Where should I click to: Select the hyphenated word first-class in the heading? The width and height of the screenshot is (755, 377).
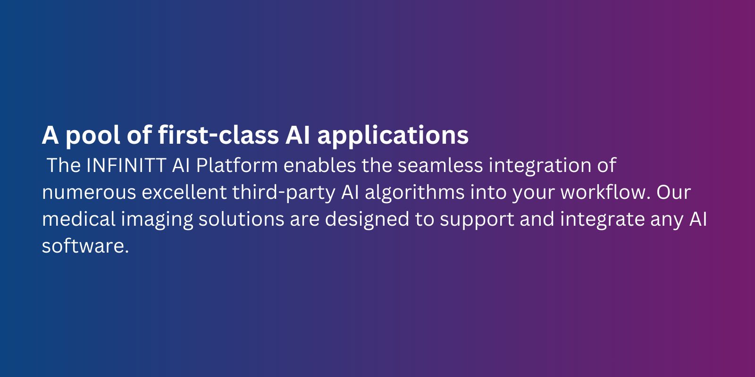[218, 135]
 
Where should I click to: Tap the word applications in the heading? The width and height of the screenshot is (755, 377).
[393, 135]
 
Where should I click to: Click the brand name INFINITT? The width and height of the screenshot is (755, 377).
[126, 165]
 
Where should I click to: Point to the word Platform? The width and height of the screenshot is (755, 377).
[237, 165]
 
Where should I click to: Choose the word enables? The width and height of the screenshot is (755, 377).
[319, 165]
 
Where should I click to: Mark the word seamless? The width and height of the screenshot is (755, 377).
[440, 165]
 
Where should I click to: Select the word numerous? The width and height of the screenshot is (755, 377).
[89, 193]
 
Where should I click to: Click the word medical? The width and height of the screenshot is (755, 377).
[79, 219]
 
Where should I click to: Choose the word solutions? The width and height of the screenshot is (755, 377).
[241, 219]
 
